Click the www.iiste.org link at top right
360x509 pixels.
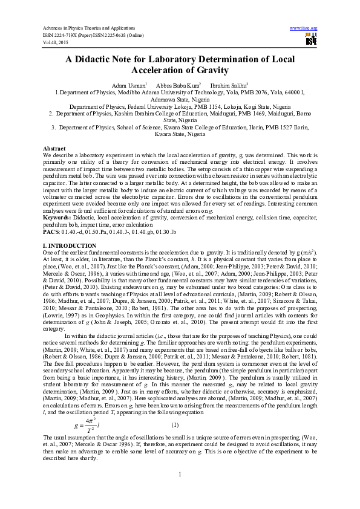pyautogui.click(x=304, y=28)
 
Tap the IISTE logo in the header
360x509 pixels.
pyautogui.click(x=311, y=41)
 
